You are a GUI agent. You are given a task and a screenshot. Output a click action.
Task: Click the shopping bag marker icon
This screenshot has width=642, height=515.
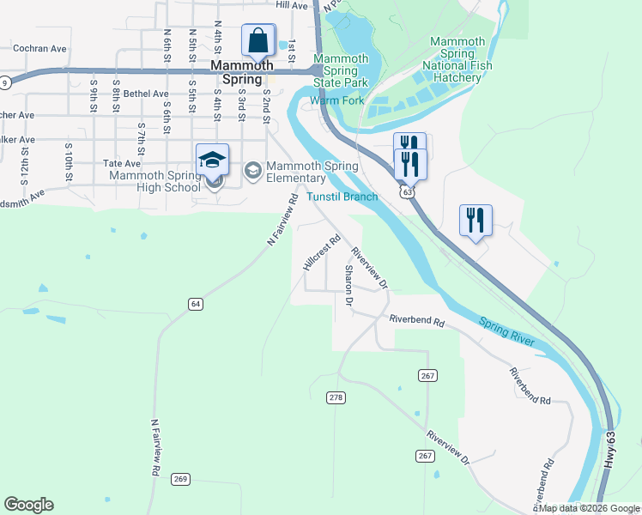(257, 39)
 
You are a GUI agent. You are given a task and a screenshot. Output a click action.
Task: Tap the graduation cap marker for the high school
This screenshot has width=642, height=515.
(212, 160)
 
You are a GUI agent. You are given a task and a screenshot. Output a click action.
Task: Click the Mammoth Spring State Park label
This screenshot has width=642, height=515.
(341, 71)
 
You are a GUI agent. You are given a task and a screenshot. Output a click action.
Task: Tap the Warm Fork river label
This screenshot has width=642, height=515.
(337, 100)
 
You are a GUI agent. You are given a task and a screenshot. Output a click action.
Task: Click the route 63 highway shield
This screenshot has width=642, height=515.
(407, 192)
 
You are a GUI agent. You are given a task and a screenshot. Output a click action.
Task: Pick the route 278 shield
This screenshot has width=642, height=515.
(336, 397)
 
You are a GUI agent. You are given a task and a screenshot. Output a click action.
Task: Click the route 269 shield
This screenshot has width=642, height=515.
(180, 478)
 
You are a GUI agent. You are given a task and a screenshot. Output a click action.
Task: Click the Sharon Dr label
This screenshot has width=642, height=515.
(349, 285)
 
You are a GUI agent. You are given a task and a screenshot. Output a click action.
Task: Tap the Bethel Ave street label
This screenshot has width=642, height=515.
(146, 94)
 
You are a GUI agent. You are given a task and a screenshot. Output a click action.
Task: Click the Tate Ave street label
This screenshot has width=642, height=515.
(121, 162)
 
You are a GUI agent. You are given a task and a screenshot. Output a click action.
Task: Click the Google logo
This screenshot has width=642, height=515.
(28, 505)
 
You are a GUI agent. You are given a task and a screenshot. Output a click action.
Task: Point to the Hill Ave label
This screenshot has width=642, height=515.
(292, 5)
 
